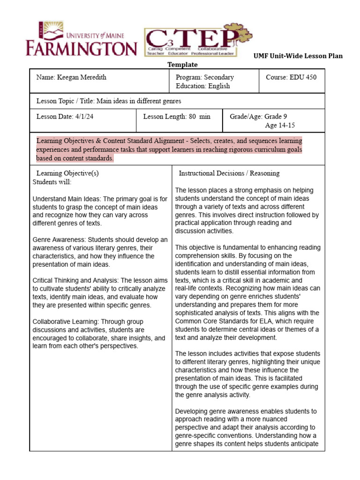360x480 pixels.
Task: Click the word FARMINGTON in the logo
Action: pyautogui.click(x=81, y=48)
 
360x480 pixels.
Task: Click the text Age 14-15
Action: pyautogui.click(x=280, y=125)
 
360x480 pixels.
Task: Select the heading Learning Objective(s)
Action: pyautogui.click(x=67, y=173)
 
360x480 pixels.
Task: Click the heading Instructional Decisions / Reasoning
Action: pyautogui.click(x=229, y=173)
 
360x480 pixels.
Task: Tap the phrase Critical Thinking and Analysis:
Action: pyautogui.click(x=75, y=280)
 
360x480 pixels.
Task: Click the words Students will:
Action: pyautogui.click(x=52, y=182)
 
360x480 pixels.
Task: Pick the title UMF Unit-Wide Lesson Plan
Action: pyautogui.click(x=298, y=56)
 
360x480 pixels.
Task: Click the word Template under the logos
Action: pyautogui.click(x=182, y=65)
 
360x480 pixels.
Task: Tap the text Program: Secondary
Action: pyautogui.click(x=205, y=77)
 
